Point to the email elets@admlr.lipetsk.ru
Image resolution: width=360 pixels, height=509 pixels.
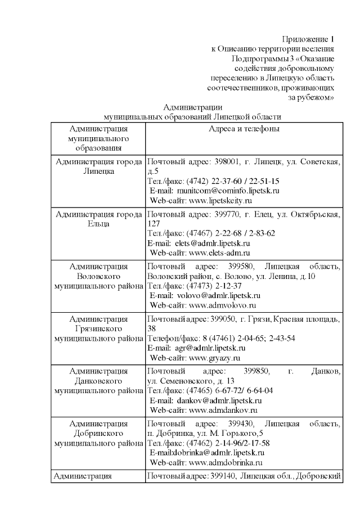pyautogui.click(x=215, y=244)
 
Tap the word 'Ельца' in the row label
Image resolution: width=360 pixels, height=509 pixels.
pyautogui.click(x=98, y=224)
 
